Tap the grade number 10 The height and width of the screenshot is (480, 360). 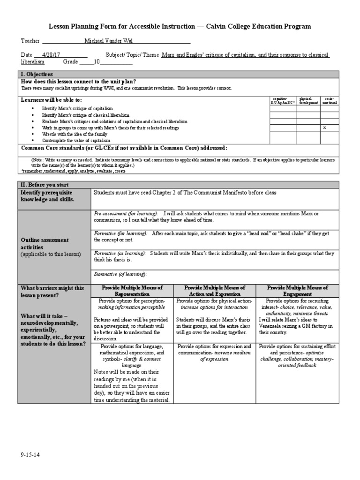(97, 61)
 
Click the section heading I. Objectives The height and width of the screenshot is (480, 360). (37, 74)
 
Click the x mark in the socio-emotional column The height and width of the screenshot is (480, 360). (325, 127)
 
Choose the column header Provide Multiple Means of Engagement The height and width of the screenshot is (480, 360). (297, 291)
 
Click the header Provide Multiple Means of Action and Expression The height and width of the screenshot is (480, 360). (215, 291)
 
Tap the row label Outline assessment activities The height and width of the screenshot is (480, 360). (45, 243)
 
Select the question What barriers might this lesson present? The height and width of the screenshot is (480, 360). (52, 292)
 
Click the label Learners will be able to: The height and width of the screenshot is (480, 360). (51, 100)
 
